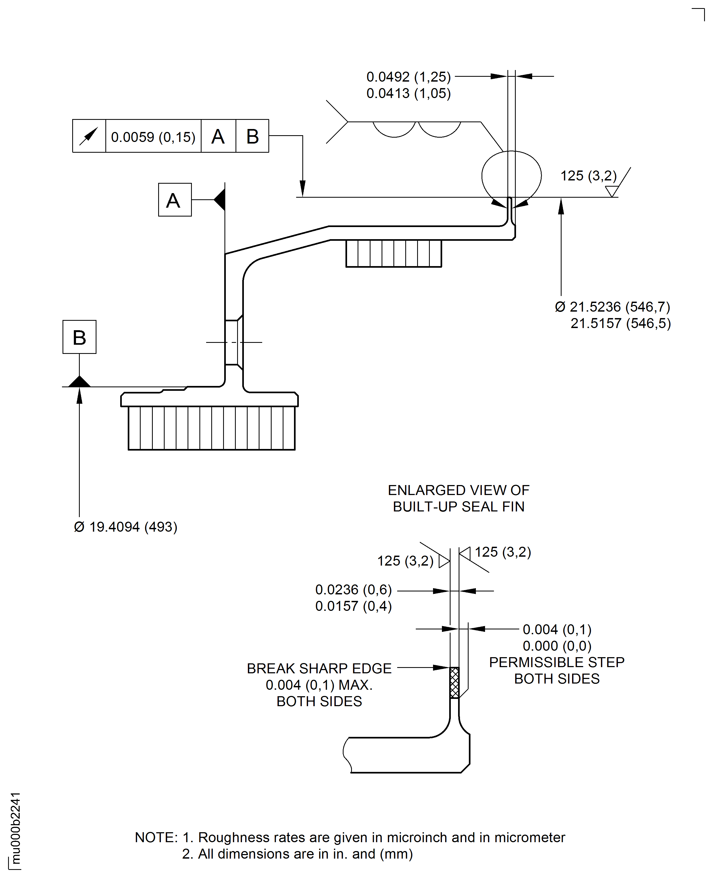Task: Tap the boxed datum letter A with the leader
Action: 175,200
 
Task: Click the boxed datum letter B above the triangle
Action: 79,337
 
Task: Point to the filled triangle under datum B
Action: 79,382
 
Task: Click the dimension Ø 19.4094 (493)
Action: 125,527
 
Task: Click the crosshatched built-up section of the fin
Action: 454,683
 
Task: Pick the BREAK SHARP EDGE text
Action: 319,668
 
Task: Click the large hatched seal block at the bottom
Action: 212,428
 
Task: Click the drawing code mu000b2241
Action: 15,827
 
